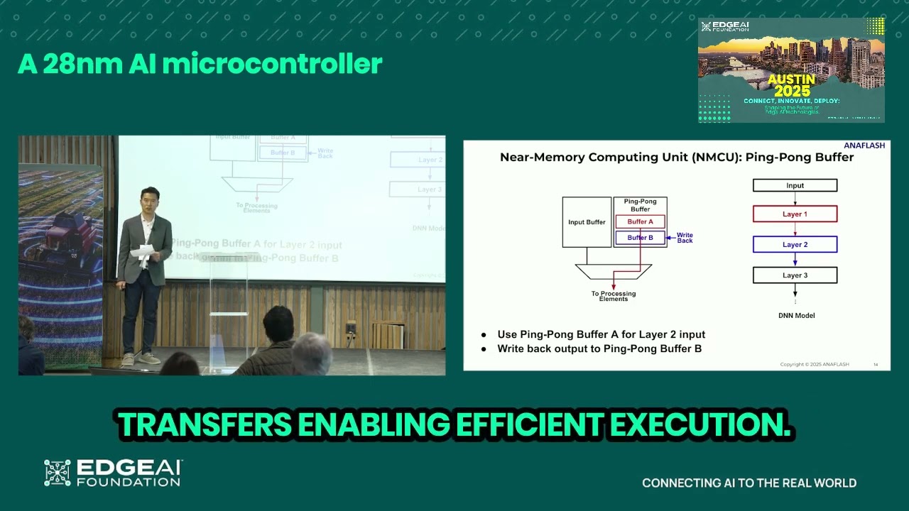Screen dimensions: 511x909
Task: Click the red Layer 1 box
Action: [x=795, y=214]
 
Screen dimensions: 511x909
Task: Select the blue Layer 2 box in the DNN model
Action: [x=795, y=245]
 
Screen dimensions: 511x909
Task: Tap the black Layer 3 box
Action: [x=795, y=275]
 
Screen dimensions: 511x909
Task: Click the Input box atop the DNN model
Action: [x=795, y=186]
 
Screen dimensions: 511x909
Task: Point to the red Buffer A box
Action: [x=640, y=222]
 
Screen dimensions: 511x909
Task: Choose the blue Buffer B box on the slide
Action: [x=640, y=238]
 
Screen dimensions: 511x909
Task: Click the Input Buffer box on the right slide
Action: [x=587, y=222]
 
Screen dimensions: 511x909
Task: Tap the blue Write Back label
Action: [x=685, y=238]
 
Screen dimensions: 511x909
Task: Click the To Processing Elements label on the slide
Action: [x=614, y=296]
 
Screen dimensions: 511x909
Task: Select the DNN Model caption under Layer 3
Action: [x=795, y=315]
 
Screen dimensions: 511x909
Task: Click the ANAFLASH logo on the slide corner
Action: [x=864, y=145]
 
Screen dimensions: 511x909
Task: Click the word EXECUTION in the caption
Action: [x=700, y=424]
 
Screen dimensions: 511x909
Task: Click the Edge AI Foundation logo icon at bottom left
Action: [x=58, y=473]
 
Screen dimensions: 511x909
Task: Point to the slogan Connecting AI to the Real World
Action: [x=749, y=483]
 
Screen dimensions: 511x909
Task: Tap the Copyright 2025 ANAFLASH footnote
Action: [x=814, y=364]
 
